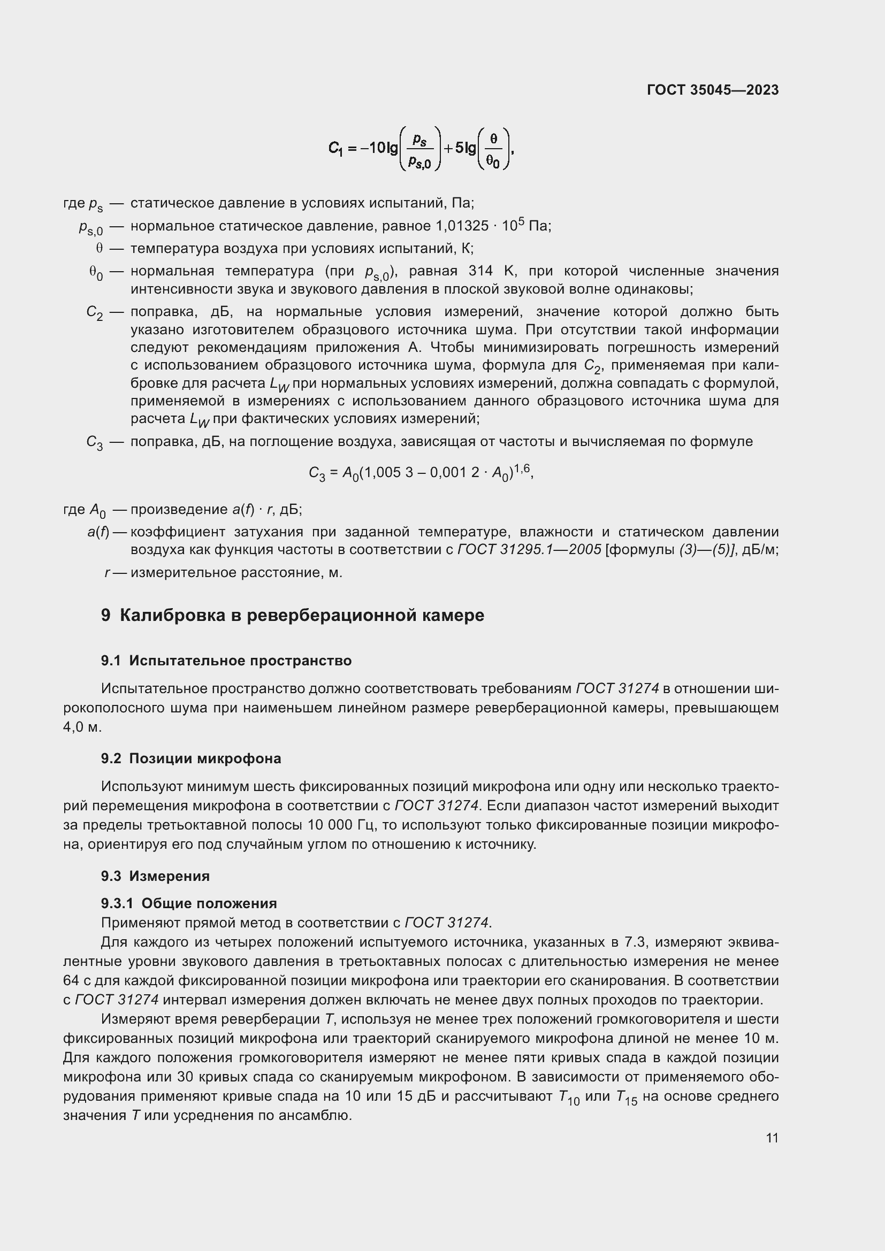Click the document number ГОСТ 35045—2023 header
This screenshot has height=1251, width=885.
pyautogui.click(x=712, y=90)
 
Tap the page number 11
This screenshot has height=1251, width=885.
pyautogui.click(x=772, y=1138)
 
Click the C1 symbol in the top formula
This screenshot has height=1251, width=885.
pyautogui.click(x=335, y=148)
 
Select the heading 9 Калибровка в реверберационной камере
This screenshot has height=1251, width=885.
pyautogui.click(x=293, y=616)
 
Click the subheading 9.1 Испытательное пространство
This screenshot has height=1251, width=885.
pyautogui.click(x=226, y=661)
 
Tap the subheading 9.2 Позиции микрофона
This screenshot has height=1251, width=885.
pyautogui.click(x=190, y=758)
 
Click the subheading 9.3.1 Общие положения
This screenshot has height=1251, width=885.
pyautogui.click(x=188, y=903)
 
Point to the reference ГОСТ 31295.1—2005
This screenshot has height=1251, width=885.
pyautogui.click(x=529, y=550)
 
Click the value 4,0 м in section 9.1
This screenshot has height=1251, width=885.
pyautogui.click(x=82, y=727)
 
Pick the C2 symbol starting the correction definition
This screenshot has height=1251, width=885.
pyautogui.click(x=94, y=313)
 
